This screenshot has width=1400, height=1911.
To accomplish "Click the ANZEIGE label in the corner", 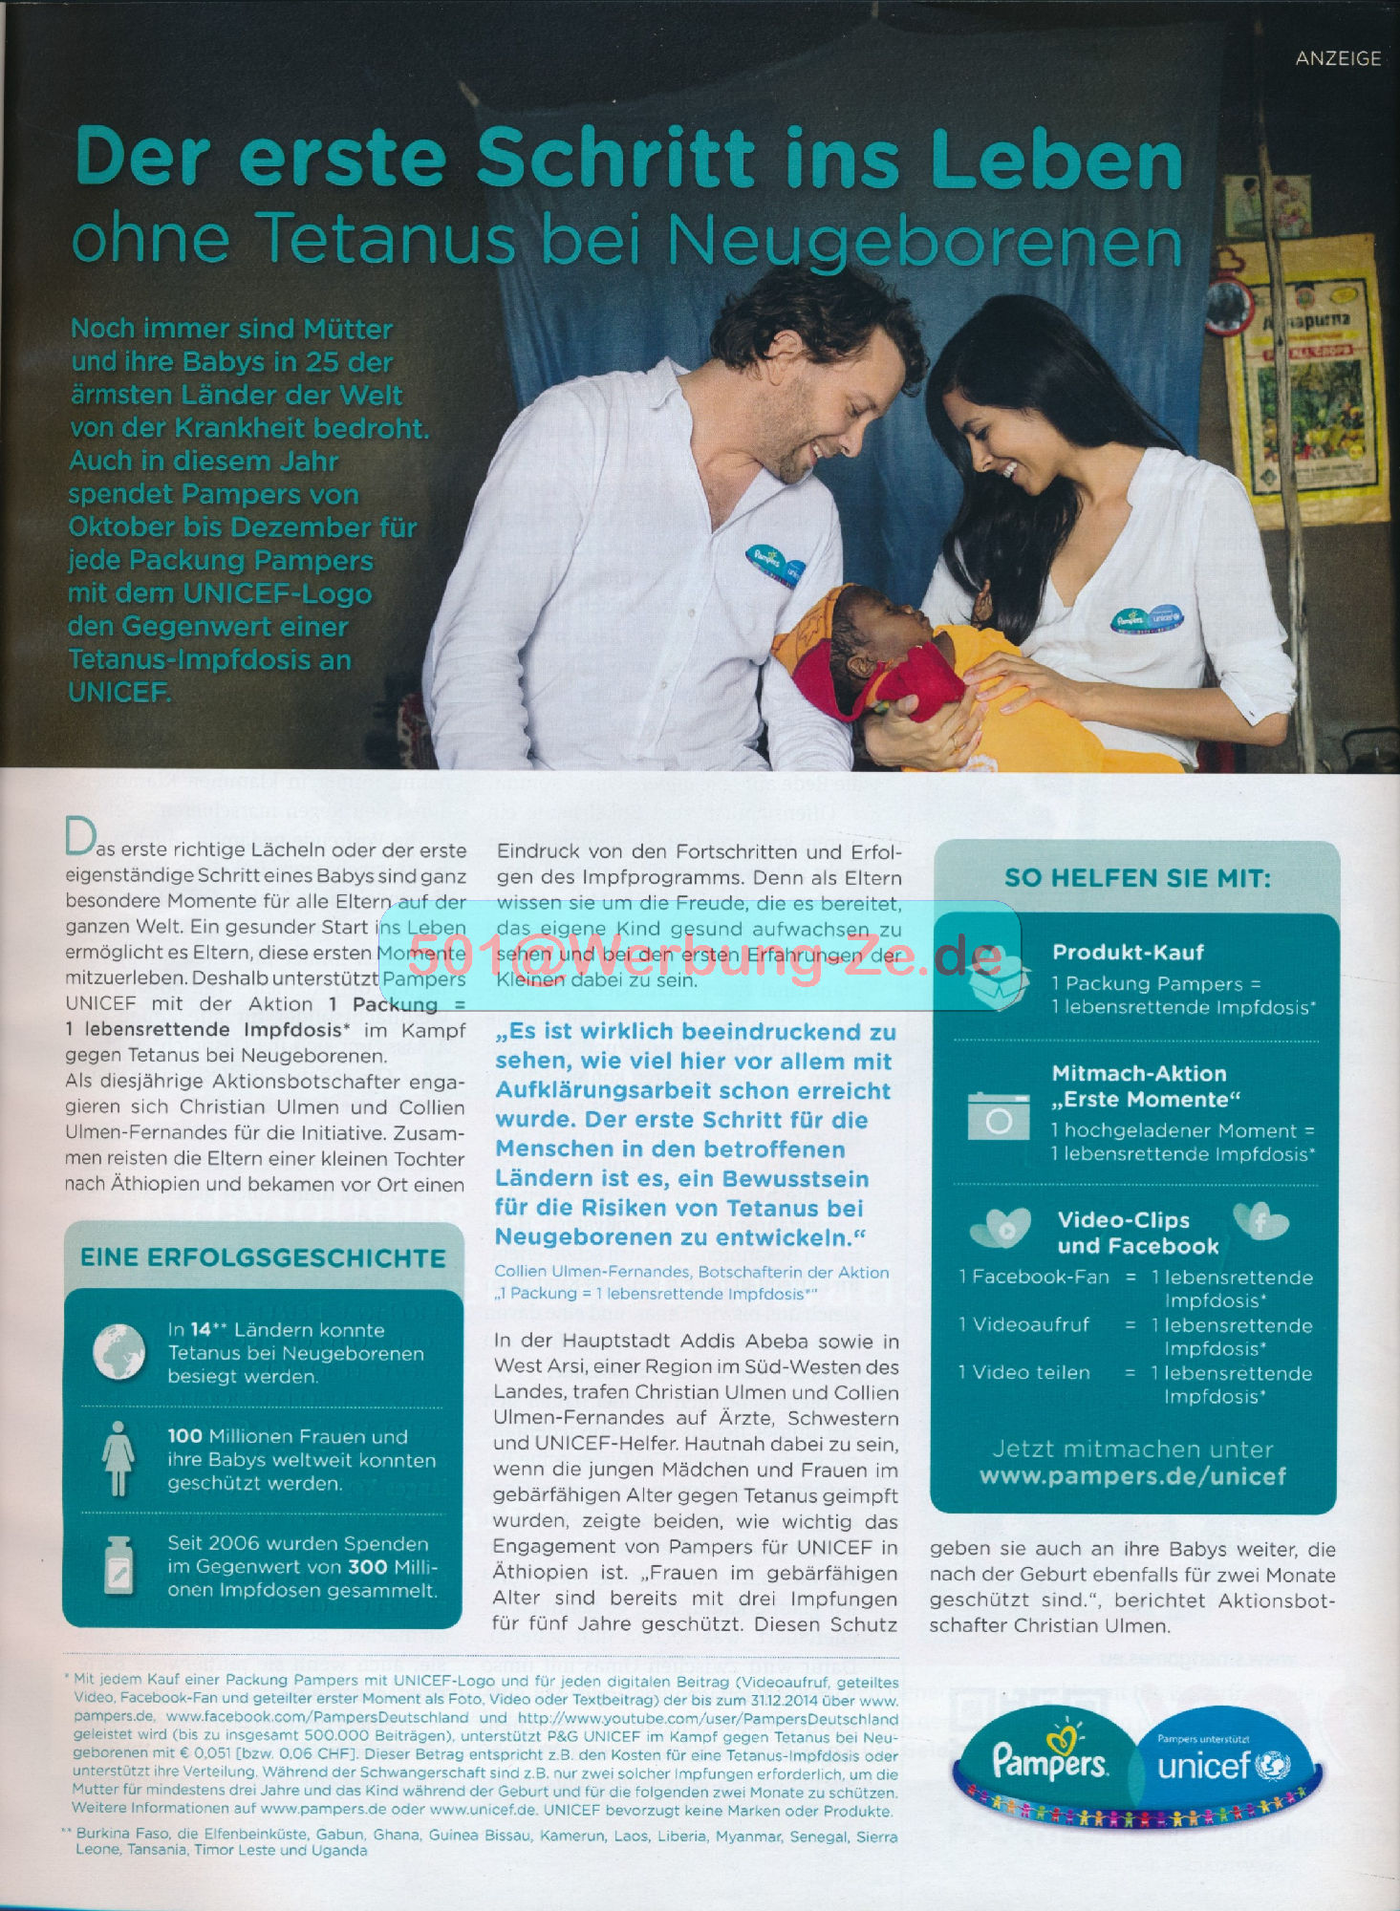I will pyautogui.click(x=1337, y=58).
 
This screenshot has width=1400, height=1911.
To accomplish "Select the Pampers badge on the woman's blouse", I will pyautogui.click(x=1146, y=618).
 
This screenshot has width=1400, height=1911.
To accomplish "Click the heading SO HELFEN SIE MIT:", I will pyautogui.click(x=1137, y=878).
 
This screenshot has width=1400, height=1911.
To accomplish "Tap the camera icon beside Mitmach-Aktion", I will pyautogui.click(x=998, y=1115).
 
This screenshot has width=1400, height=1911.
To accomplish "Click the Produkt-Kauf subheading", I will pyautogui.click(x=1128, y=952).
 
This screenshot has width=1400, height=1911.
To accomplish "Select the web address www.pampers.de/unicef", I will pyautogui.click(x=1132, y=1476).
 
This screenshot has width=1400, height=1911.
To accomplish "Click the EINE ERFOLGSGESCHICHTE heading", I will pyautogui.click(x=263, y=1257).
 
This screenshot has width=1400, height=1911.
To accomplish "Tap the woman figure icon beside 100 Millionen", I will pyautogui.click(x=118, y=1458).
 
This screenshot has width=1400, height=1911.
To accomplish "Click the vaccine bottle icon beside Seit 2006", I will pyautogui.click(x=118, y=1566).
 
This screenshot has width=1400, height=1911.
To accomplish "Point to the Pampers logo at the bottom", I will pyautogui.click(x=1048, y=1760).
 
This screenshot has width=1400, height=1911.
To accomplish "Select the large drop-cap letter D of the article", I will pyautogui.click(x=79, y=838).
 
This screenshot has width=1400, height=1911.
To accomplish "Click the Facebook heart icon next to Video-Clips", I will pyautogui.click(x=1260, y=1221).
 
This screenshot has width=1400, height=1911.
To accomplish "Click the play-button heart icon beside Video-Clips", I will pyautogui.click(x=1001, y=1229).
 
